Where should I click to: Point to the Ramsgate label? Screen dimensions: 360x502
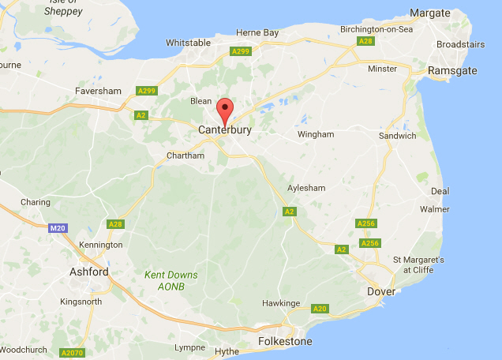pyautogui.click(x=451, y=70)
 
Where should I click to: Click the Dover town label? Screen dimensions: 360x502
pyautogui.click(x=382, y=291)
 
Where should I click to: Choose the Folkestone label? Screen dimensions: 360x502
pyautogui.click(x=285, y=342)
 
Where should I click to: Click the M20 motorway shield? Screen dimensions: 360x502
pyautogui.click(x=56, y=228)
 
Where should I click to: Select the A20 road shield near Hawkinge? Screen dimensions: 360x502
pyautogui.click(x=319, y=308)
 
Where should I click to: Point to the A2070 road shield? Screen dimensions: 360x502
pyautogui.click(x=72, y=352)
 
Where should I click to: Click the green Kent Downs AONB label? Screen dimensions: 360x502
pyautogui.click(x=171, y=280)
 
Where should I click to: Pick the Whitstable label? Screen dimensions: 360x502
pyautogui.click(x=189, y=43)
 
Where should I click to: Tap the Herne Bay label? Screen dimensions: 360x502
pyautogui.click(x=258, y=32)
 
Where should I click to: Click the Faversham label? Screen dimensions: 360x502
pyautogui.click(x=98, y=91)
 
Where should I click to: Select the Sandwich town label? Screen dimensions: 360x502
pyautogui.click(x=397, y=136)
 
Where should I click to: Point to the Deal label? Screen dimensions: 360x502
pyautogui.click(x=440, y=191)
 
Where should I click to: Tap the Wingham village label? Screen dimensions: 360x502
pyautogui.click(x=316, y=134)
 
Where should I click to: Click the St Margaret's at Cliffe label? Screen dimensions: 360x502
pyautogui.click(x=419, y=264)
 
